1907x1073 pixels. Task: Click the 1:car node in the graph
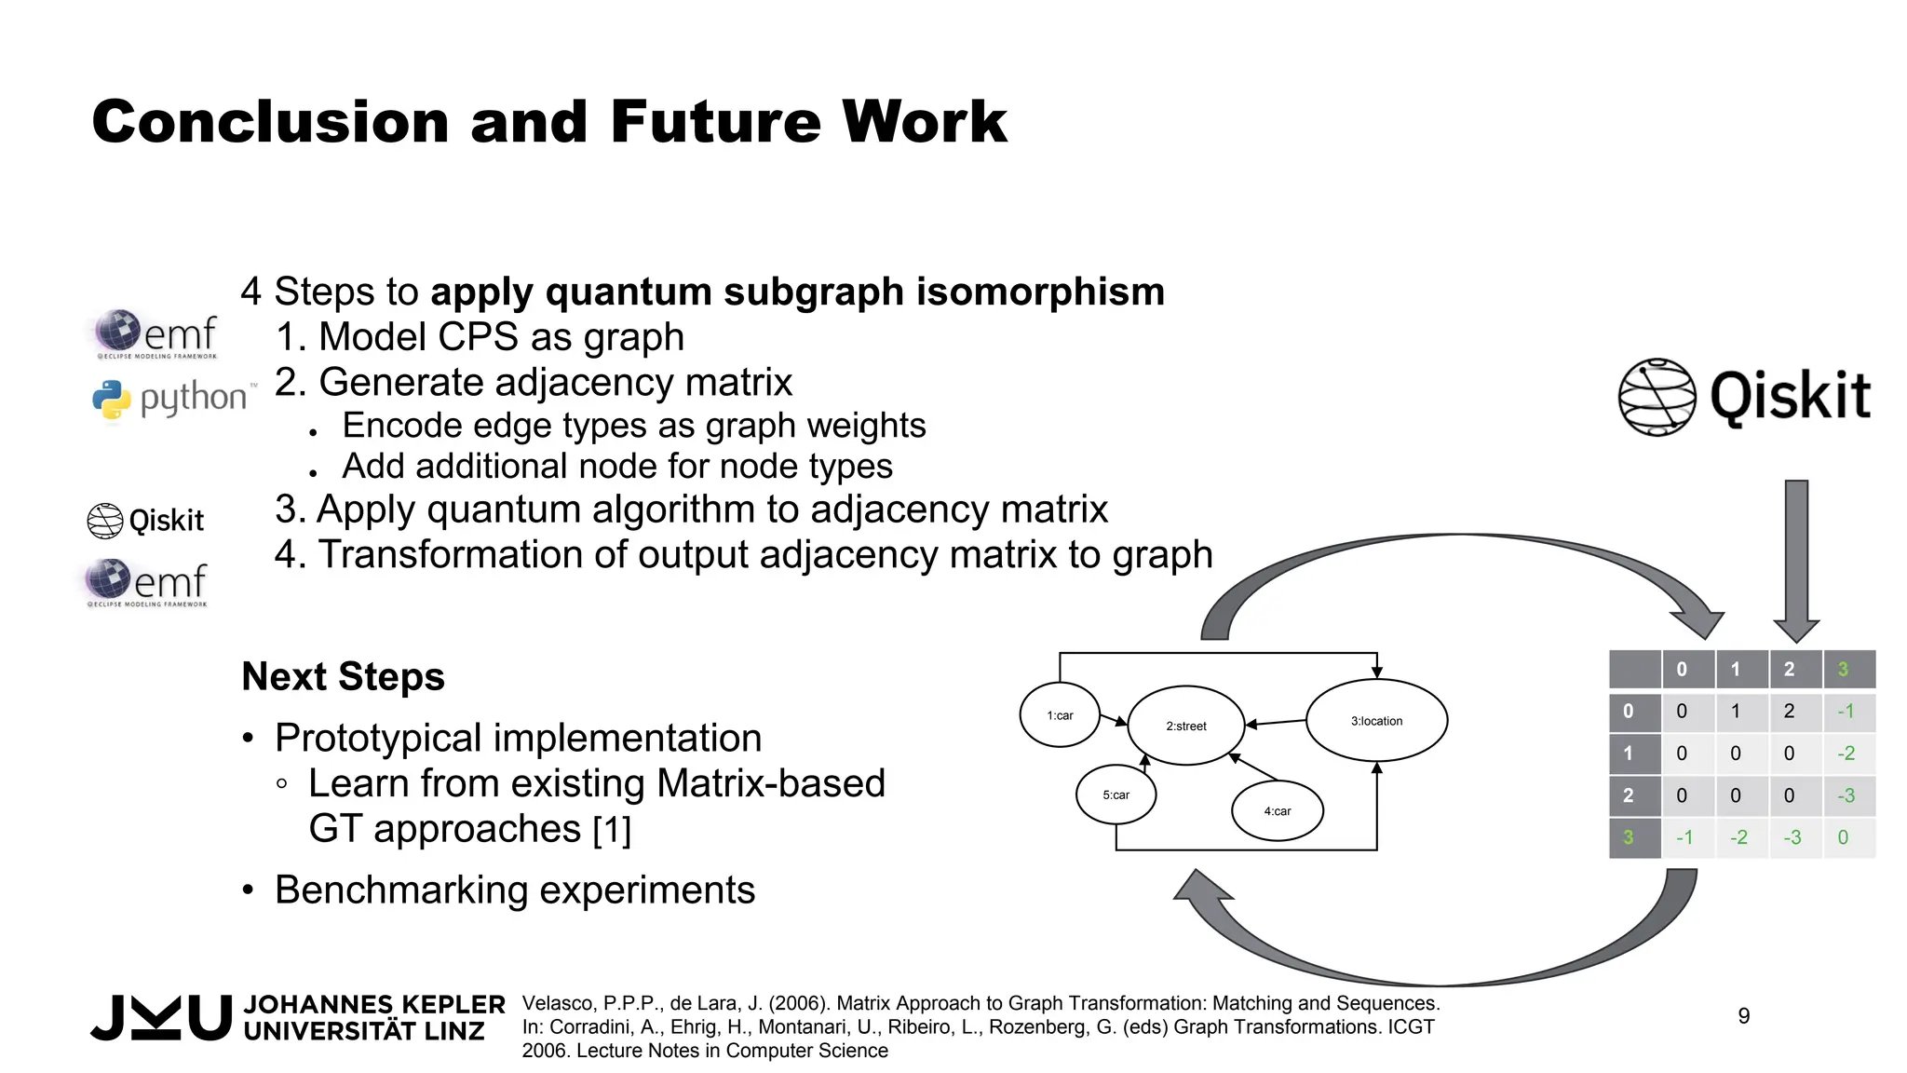(x=1060, y=715)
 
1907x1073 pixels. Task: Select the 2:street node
(x=1185, y=726)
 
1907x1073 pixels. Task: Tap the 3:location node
(x=1376, y=721)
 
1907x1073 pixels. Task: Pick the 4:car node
(x=1277, y=811)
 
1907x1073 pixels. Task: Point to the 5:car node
(x=1116, y=795)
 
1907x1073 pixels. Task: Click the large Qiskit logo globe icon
(x=1657, y=397)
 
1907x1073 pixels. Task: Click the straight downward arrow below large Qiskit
(x=1796, y=559)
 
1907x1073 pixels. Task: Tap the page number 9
(x=1744, y=1015)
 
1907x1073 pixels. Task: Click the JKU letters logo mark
(x=161, y=1017)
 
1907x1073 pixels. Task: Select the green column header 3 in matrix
(x=1843, y=669)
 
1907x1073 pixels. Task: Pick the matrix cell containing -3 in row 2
(x=1846, y=795)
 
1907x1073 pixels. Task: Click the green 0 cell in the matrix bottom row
(x=1843, y=837)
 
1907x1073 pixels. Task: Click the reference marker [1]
(x=612, y=829)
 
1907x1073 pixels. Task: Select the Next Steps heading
(x=343, y=676)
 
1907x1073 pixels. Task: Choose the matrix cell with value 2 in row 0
(x=1789, y=712)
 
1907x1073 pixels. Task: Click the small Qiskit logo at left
(x=145, y=520)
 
